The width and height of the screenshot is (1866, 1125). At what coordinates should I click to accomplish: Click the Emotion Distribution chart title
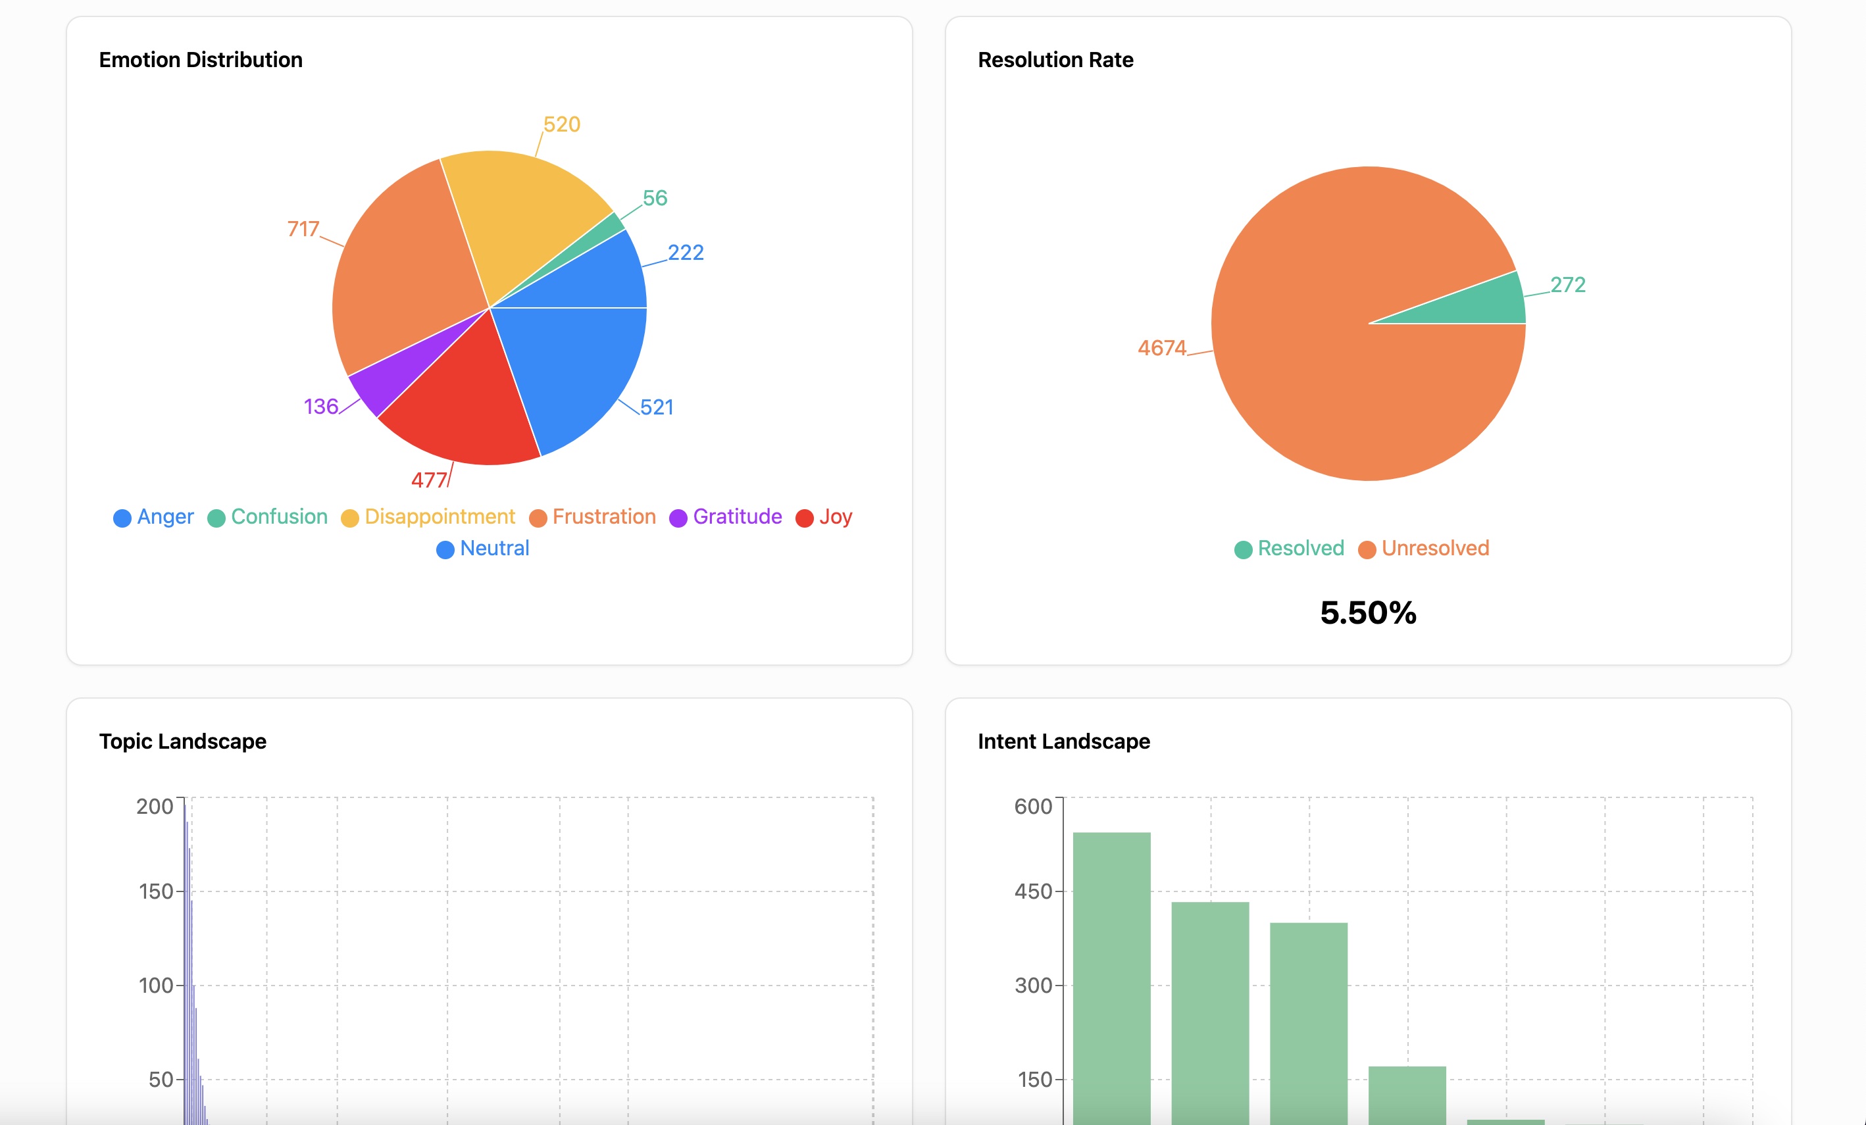[201, 60]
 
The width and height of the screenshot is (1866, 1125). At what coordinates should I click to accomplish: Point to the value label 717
[303, 229]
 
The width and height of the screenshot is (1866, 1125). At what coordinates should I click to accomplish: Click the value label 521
[657, 407]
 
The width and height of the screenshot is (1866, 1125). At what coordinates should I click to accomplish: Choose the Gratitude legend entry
[726, 517]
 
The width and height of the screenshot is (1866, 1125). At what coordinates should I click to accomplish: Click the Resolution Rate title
[1055, 60]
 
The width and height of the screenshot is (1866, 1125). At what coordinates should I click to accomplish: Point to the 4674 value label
[1162, 348]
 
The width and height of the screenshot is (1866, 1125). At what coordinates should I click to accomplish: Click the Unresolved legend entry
[1424, 549]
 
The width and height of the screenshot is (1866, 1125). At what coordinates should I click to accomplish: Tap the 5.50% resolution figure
[1368, 612]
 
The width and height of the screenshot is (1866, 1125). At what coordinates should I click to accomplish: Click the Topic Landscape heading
[182, 741]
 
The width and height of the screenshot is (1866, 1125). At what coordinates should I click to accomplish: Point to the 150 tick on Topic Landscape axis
[156, 891]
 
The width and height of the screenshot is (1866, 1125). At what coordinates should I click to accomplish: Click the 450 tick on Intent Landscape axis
[1033, 891]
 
